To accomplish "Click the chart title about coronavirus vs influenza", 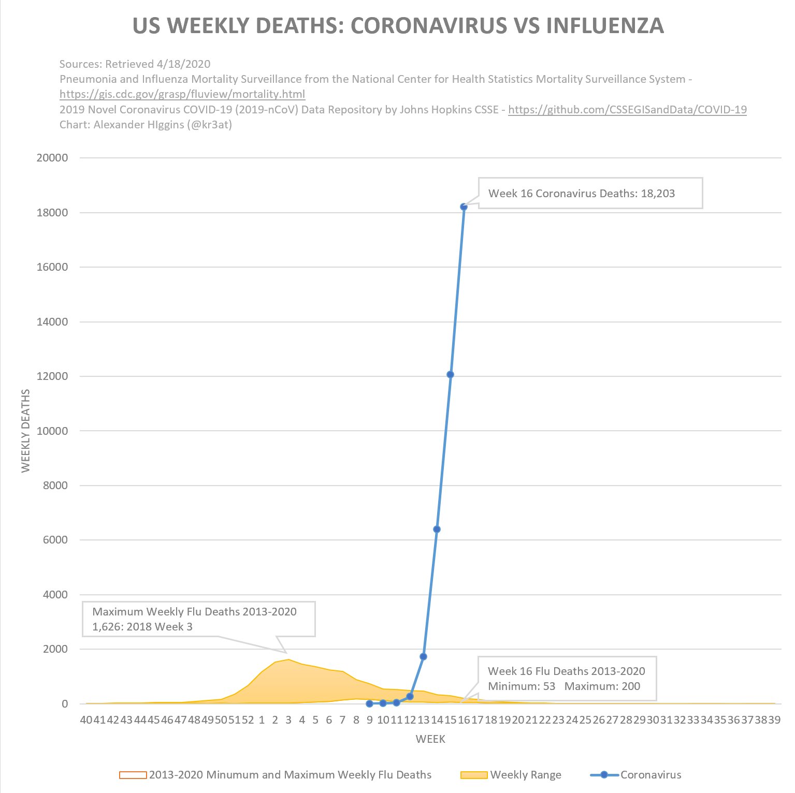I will coord(398,26).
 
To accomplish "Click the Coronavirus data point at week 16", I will coord(464,207).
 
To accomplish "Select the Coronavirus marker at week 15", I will coord(450,375).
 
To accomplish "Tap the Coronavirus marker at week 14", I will coord(437,529).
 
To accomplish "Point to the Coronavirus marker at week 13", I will coord(423,657).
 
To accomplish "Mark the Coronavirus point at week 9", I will coord(369,703).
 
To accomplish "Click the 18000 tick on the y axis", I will coord(52,213).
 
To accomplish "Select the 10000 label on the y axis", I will coord(52,431).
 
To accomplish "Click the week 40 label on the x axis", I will coord(86,720).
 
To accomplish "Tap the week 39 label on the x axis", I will coord(774,720).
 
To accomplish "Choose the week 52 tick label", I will coord(248,720).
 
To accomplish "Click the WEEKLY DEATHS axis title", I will coord(26,431).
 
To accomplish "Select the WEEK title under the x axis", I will coord(430,739).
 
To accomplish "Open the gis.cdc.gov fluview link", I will coord(182,94).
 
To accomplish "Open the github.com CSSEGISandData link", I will coord(627,110).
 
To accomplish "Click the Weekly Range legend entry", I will coord(525,775).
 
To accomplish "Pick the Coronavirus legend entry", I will coord(651,775).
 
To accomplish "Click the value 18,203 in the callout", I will coord(658,194).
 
